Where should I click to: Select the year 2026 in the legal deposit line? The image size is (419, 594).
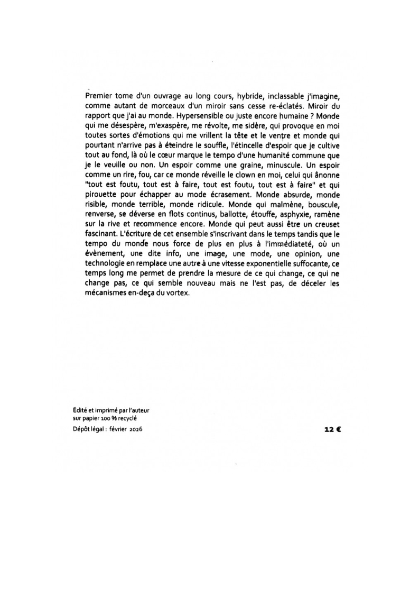coord(134,430)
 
